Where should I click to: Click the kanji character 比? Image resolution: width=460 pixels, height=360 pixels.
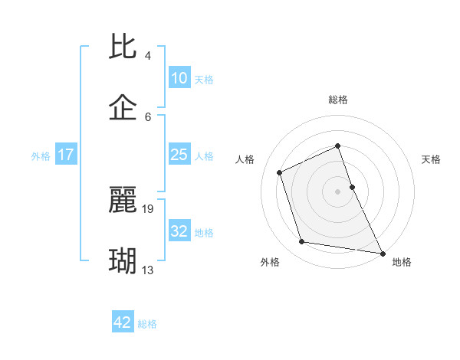pos(123,48)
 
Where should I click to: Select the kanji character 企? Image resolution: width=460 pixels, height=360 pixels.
pos(123,108)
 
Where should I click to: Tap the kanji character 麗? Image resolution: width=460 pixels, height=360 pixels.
pos(123,201)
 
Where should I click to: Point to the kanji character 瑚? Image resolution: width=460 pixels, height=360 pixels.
pos(123,261)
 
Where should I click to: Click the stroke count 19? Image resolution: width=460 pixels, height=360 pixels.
pos(149,208)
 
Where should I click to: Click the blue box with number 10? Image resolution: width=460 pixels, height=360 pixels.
pos(179,77)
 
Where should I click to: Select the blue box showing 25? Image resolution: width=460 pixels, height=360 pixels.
pos(179,155)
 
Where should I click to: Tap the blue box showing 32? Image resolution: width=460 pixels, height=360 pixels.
pos(179,231)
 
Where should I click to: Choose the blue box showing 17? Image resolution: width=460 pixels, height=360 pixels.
pos(66,155)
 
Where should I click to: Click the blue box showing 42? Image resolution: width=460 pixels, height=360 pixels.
pos(123,322)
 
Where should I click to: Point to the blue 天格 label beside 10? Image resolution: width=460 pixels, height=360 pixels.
pos(203,79)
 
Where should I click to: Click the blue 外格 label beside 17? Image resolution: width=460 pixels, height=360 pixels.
pos(41,156)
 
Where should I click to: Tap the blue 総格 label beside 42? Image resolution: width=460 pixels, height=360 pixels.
pos(147,324)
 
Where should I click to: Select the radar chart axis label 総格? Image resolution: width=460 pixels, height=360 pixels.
pos(338,100)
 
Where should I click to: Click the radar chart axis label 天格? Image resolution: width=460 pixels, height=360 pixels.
pos(431,159)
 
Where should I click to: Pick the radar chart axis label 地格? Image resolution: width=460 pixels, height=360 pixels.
pos(402,262)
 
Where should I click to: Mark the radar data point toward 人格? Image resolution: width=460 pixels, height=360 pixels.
pos(281,172)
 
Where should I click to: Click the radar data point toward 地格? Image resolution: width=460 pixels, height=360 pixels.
pos(382,251)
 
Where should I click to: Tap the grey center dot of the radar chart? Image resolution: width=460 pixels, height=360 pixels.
pos(338,191)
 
